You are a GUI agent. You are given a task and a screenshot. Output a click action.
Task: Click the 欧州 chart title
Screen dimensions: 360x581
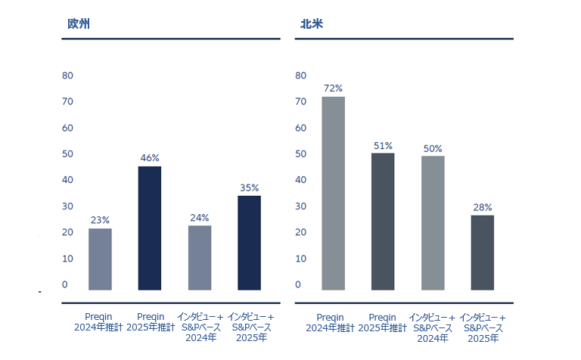coord(79,23)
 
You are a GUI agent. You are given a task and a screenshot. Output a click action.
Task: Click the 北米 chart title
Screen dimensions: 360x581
coord(312,23)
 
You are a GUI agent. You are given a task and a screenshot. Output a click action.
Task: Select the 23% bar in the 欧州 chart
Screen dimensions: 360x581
coord(100,259)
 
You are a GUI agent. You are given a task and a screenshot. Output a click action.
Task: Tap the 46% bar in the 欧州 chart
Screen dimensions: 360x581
coord(150,228)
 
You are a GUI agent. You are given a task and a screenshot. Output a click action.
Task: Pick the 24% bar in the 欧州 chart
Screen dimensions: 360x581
coord(200,257)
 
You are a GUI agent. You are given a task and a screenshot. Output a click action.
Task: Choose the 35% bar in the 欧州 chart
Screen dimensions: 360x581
coord(250,242)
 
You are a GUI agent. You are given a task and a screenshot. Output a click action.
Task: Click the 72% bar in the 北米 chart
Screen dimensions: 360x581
coord(334,193)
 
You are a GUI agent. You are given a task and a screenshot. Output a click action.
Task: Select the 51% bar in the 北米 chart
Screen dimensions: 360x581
coord(383,221)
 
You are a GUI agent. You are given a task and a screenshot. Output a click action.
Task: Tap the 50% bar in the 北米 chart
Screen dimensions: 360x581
coord(433,222)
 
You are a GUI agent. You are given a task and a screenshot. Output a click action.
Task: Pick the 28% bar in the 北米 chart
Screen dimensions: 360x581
coord(483,252)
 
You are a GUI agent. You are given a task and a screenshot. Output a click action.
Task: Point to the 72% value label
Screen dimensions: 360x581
coord(333,88)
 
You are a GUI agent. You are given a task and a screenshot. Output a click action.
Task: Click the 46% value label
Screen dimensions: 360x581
coord(150,158)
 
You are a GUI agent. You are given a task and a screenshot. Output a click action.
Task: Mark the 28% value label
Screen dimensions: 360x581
coord(483,207)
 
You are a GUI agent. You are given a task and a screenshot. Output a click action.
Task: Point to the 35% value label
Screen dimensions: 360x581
coord(250,188)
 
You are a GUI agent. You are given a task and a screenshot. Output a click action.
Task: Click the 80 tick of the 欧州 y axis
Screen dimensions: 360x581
coord(67,76)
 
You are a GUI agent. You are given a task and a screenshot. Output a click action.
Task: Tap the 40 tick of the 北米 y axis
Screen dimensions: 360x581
coord(300,180)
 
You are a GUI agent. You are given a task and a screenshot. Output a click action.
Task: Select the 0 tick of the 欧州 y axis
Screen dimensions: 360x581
coord(65,284)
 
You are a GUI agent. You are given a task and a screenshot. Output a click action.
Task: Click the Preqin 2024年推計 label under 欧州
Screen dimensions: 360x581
coord(98,322)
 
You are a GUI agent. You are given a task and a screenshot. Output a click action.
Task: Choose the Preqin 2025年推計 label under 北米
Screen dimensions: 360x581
coord(383,322)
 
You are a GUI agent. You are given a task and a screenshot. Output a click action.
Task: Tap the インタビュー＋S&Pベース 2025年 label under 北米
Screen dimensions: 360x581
coord(483,327)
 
